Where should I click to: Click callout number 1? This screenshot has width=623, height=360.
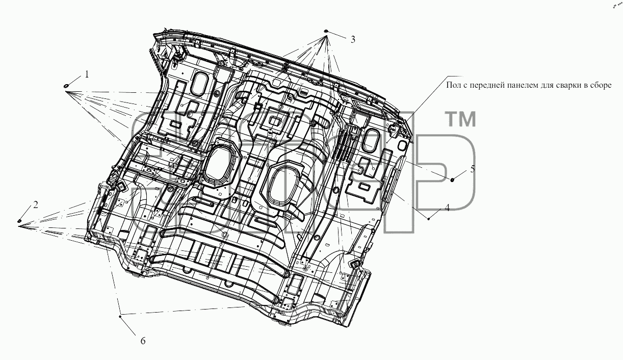87,74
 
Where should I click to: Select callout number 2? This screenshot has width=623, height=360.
35,205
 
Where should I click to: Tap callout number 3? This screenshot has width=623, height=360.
353,39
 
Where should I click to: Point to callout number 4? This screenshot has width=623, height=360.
447,208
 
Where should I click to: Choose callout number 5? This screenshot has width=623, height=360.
473,169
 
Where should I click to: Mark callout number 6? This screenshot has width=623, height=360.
143,341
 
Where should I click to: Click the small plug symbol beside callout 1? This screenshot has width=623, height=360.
66,86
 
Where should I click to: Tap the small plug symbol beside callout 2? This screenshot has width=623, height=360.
19,221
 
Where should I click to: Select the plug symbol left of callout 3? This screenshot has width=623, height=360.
326,31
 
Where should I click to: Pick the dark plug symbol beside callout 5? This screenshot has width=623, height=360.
453,180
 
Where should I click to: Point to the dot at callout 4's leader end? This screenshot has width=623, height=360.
429,219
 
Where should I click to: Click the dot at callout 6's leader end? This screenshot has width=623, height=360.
120,316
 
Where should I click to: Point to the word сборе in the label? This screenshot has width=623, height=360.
602,85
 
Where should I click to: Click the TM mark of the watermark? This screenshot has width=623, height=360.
460,119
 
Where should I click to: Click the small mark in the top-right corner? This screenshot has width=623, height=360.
617,6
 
